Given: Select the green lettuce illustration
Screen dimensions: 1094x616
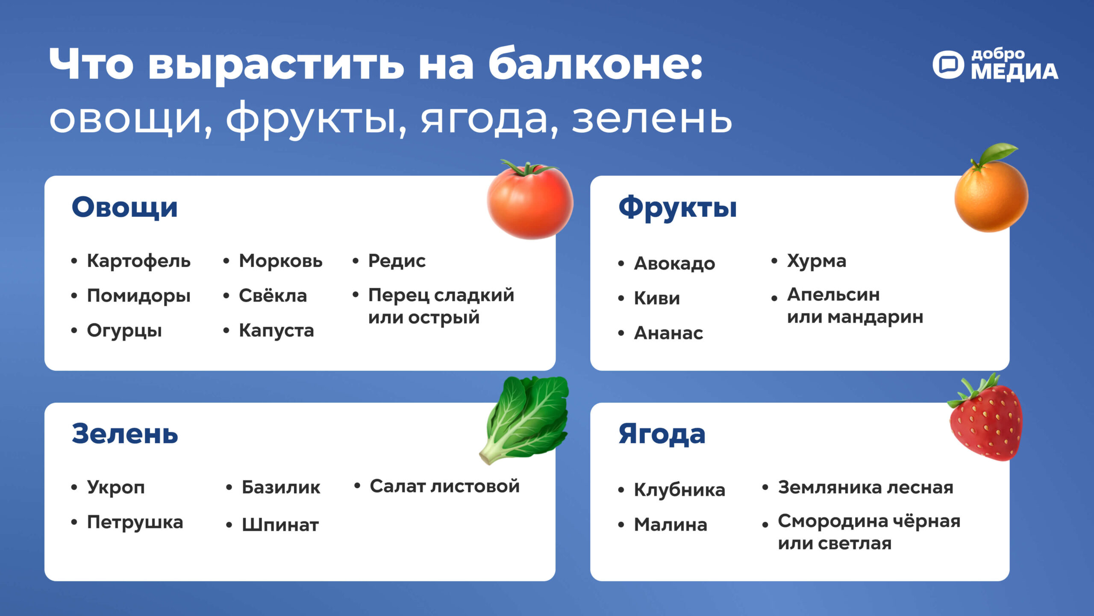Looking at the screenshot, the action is click(x=525, y=420).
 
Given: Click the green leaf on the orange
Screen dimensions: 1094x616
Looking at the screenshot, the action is click(x=998, y=153).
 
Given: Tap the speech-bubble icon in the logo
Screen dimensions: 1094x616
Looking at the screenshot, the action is click(x=948, y=65).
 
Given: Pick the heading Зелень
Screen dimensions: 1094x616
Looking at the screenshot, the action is click(x=125, y=434).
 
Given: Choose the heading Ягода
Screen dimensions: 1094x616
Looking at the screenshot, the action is click(x=662, y=435).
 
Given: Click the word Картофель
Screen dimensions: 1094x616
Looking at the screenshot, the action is click(x=139, y=261).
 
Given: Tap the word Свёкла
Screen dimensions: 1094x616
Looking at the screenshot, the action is click(x=273, y=295).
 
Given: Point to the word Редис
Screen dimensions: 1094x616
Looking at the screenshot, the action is click(x=397, y=261).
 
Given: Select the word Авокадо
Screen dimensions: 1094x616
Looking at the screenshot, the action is click(x=675, y=264).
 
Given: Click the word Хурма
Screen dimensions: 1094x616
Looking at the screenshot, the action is click(x=817, y=261).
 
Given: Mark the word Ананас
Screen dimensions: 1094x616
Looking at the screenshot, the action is click(x=669, y=333).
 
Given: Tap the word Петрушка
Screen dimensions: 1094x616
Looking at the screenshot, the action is click(x=135, y=523).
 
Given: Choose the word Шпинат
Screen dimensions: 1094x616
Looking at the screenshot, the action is click(x=280, y=525).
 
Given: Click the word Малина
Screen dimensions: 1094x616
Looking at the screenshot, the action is click(x=671, y=525).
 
